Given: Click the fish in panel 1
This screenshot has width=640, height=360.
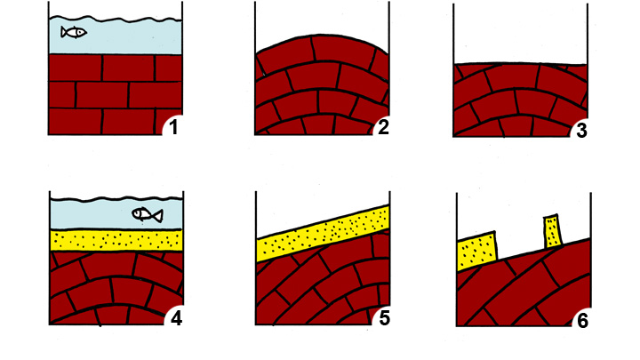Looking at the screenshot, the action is pyautogui.click(x=74, y=32).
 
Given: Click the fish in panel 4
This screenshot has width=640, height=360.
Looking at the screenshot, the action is pyautogui.click(x=148, y=215).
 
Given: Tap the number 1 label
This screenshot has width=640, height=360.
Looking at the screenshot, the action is pyautogui.click(x=173, y=127).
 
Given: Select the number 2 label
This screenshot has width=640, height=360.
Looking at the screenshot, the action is pyautogui.click(x=383, y=127).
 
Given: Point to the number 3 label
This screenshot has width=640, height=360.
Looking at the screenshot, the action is pyautogui.click(x=581, y=131).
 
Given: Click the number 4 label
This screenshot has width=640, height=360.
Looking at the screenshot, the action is pyautogui.click(x=176, y=318).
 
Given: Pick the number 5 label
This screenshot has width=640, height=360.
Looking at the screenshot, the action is pyautogui.click(x=385, y=318).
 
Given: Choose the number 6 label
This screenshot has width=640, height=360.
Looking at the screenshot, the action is pyautogui.click(x=583, y=321).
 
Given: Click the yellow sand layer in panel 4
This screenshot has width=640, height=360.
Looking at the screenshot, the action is pyautogui.click(x=116, y=240).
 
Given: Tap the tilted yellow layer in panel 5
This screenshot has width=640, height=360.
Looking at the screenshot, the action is pyautogui.click(x=323, y=234).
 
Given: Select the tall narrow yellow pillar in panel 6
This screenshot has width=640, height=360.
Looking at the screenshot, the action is pyautogui.click(x=553, y=231).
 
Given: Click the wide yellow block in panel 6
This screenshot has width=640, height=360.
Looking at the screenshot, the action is pyautogui.click(x=476, y=251).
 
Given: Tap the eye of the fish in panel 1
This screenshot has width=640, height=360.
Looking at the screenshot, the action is pyautogui.click(x=82, y=31).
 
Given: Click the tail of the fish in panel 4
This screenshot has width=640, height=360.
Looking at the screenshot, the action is pyautogui.click(x=158, y=215).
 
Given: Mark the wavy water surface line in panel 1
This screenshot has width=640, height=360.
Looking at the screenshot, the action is pyautogui.click(x=116, y=19).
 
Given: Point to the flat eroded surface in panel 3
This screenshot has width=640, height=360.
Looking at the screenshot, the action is pyautogui.click(x=520, y=64).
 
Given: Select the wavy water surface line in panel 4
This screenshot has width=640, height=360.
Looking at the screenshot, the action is pyautogui.click(x=116, y=200).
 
